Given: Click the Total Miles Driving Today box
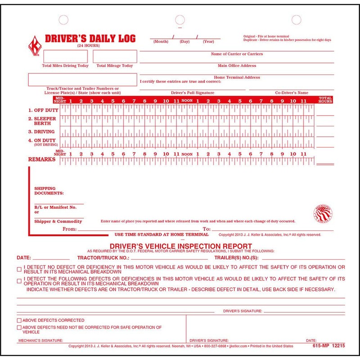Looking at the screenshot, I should tap(58, 56).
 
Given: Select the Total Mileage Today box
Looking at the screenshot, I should tap(115, 56).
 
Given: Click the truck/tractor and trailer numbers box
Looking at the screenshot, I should tap(82, 80).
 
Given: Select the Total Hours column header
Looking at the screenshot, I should tap(325, 100).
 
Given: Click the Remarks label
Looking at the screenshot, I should tap(41, 160).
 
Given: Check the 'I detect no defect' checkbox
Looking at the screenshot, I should tap(19, 270).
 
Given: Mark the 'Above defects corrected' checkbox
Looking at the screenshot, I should tap(19, 319).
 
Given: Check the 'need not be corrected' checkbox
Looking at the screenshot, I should tap(19, 327).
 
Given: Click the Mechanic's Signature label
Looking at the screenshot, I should tap(40, 341).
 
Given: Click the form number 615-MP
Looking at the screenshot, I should tap(312, 346).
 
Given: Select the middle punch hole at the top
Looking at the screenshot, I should tap(180, 20).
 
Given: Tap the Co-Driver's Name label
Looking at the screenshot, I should tap(291, 93).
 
